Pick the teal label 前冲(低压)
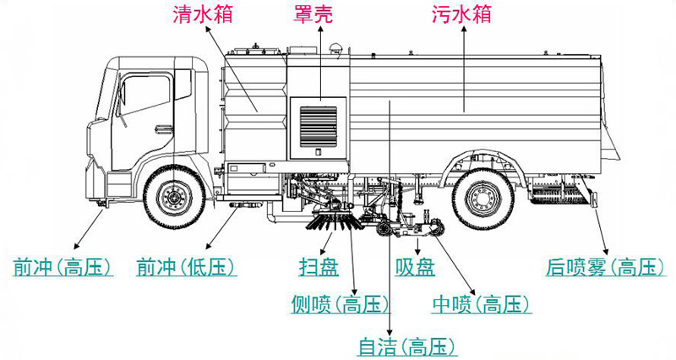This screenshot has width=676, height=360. [x=186, y=268]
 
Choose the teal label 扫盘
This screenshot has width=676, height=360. [x=319, y=268]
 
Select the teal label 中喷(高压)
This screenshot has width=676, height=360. [x=481, y=304]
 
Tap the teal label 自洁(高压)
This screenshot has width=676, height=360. [x=406, y=346]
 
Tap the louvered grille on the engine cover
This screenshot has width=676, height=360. [x=318, y=123]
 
